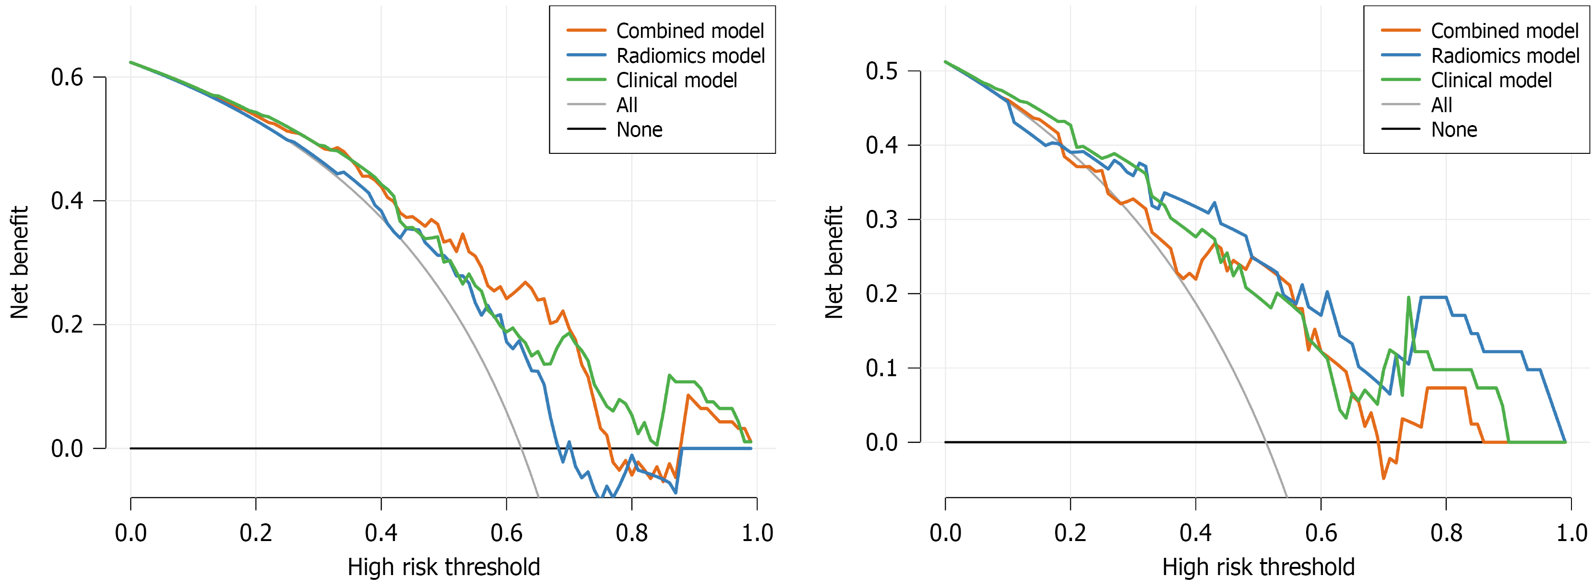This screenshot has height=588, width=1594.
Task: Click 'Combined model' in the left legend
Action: tap(690, 31)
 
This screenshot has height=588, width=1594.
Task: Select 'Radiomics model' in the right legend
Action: tap(1505, 56)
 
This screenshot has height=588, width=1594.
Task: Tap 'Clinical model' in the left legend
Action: tap(677, 81)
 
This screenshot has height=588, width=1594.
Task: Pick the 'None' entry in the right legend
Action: tap(1453, 130)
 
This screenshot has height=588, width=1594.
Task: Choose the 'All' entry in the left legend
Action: tap(626, 105)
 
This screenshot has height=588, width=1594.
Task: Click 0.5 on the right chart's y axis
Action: tap(881, 71)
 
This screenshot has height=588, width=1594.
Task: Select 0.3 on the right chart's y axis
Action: tap(881, 219)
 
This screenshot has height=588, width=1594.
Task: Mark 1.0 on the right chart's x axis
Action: tap(1571, 533)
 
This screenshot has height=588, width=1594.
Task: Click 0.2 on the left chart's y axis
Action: tap(67, 324)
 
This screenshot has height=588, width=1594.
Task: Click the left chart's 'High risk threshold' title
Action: tap(444, 567)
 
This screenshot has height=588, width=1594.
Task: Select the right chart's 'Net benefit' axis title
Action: tap(834, 262)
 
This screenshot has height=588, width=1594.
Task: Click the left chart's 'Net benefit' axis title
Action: tap(19, 262)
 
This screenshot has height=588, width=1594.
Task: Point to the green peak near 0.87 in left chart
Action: tap(669, 375)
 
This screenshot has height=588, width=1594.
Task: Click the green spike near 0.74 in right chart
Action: tap(1409, 298)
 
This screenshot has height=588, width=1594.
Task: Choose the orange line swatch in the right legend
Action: tap(1400, 30)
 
